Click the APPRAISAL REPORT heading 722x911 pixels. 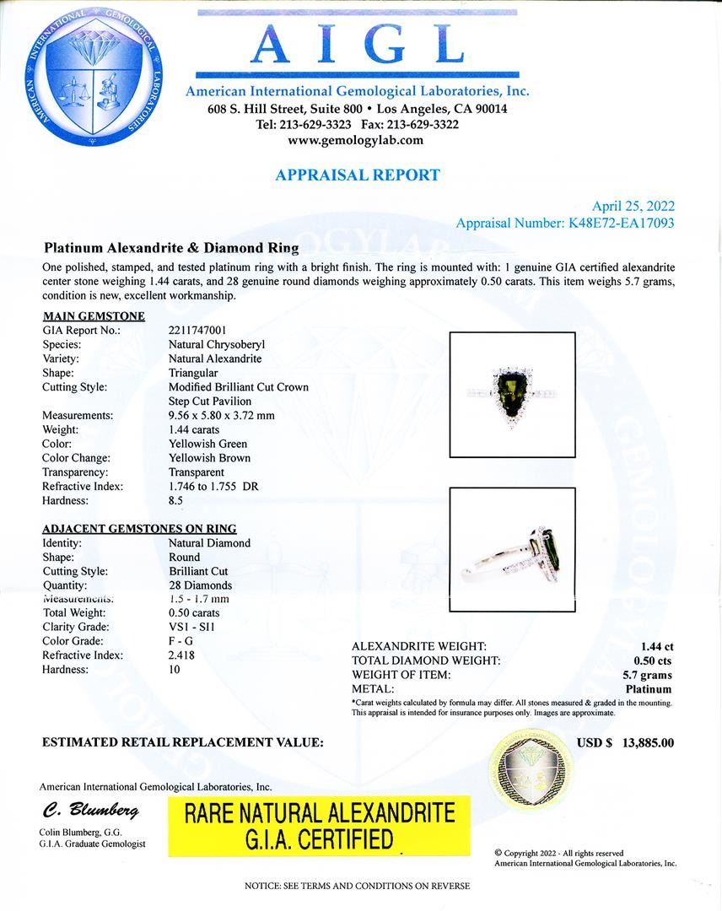click(357, 175)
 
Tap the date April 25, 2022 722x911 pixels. click(633, 207)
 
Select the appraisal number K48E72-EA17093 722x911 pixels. click(617, 224)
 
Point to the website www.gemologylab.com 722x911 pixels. click(356, 140)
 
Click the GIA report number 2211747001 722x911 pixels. click(197, 331)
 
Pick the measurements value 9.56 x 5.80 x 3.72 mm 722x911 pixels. click(221, 416)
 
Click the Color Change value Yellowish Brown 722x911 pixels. click(209, 458)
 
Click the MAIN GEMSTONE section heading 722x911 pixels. click(94, 316)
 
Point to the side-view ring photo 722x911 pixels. click(512, 549)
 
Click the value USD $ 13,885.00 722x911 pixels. click(625, 743)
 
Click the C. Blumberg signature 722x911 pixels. click(90, 811)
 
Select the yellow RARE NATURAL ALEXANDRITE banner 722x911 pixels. click(320, 826)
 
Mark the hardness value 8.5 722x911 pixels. click(175, 501)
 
